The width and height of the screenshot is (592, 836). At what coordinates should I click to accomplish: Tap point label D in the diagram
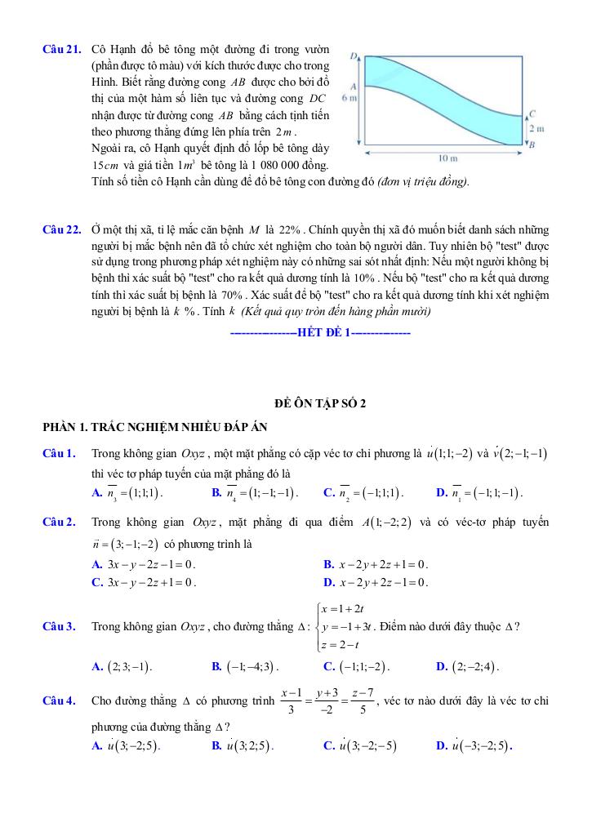coord(355,56)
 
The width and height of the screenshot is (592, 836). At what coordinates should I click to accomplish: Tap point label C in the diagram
coord(532,114)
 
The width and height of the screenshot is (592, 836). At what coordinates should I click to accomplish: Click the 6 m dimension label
coord(349,98)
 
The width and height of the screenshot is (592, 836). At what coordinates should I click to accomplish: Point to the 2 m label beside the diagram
coord(536,129)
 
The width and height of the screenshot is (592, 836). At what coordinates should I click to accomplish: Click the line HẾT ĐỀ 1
coord(320,333)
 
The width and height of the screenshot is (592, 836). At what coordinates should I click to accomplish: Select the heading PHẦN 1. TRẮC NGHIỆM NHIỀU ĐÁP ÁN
coord(155,427)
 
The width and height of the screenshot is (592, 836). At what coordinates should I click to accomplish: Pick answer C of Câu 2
coord(145,582)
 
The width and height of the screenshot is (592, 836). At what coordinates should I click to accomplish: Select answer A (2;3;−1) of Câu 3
coord(122,666)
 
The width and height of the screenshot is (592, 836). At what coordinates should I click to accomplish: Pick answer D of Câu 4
coord(474,745)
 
